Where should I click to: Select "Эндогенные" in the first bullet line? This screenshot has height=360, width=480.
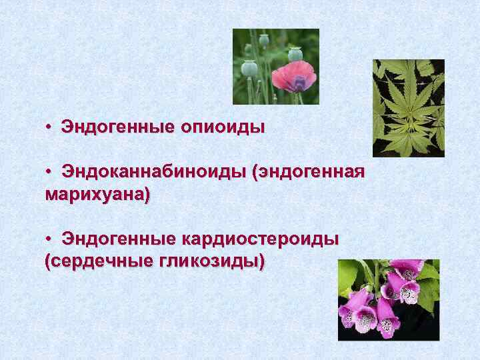(117, 126)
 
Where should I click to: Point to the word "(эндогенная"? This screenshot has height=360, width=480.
(308, 173)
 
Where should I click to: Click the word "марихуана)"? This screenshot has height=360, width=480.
(97, 196)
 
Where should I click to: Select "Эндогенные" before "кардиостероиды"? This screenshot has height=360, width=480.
(117, 239)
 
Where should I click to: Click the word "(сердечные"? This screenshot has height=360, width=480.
(97, 261)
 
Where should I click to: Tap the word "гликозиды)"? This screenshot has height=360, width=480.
(211, 261)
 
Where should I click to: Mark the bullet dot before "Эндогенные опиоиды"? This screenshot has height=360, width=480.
(50, 127)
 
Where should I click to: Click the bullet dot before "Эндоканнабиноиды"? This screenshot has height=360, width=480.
(50, 173)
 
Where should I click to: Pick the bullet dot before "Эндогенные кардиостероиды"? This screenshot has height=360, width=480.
(50, 239)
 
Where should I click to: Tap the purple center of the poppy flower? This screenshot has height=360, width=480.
(299, 83)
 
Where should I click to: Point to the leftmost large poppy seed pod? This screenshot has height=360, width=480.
(249, 67)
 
